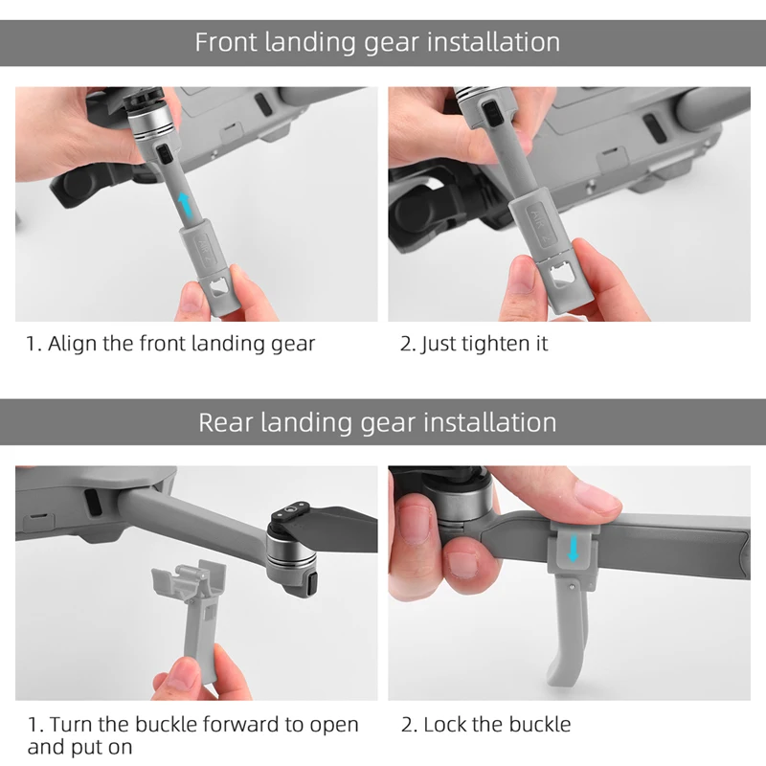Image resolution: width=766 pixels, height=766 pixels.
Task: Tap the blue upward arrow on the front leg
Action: click(x=185, y=206)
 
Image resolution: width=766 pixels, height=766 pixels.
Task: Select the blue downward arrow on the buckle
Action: click(x=573, y=548)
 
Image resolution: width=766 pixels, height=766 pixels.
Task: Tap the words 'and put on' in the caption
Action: click(x=80, y=748)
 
